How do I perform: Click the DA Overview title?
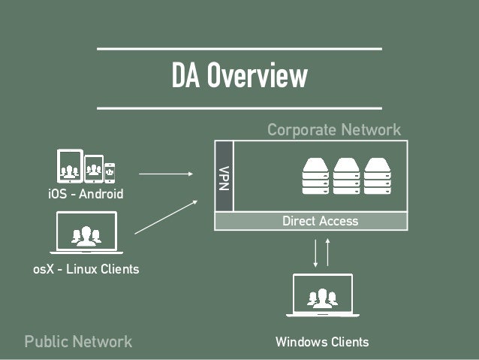pyautogui.click(x=239, y=77)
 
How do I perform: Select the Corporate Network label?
pyautogui.click(x=334, y=130)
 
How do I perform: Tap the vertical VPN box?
pyautogui.click(x=224, y=176)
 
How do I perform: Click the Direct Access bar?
pyautogui.click(x=319, y=221)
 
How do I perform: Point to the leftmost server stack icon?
pyautogui.click(x=315, y=176)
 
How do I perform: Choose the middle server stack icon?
pyautogui.click(x=346, y=176)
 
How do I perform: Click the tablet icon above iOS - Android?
pyautogui.click(x=70, y=166)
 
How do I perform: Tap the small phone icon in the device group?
pyautogui.click(x=110, y=173)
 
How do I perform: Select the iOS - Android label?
pyautogui.click(x=85, y=195)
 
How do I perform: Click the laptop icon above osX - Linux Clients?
pyautogui.click(x=86, y=233)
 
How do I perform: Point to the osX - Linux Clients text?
pyautogui.click(x=86, y=268)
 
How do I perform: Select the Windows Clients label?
pyautogui.click(x=322, y=342)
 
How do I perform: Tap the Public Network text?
pyautogui.click(x=78, y=341)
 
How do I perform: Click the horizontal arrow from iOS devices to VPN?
pyautogui.click(x=166, y=174)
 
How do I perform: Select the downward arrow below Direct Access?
pyautogui.click(x=316, y=252)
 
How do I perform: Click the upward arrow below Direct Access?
pyautogui.click(x=328, y=252)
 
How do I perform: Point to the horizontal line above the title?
pyautogui.click(x=239, y=50)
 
